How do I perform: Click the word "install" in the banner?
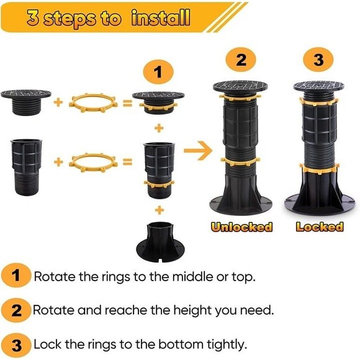[x=161, y=17]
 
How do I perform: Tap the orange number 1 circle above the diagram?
[x=158, y=72]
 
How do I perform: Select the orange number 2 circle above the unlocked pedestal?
[x=241, y=60]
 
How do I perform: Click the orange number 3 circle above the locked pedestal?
[x=318, y=60]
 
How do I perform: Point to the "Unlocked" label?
[x=241, y=227]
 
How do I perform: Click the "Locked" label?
[x=320, y=227]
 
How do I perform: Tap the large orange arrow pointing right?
[x=199, y=151]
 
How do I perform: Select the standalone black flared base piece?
[x=160, y=242]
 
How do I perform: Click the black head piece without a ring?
[x=26, y=102]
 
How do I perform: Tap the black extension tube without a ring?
[x=26, y=167]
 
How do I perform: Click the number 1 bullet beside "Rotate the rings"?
[x=16, y=276]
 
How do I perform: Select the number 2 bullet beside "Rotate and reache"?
[x=16, y=310]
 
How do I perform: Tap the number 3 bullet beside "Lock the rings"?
[x=16, y=345]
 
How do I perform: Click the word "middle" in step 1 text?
[x=193, y=276]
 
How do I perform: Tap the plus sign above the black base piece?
[x=160, y=210]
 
